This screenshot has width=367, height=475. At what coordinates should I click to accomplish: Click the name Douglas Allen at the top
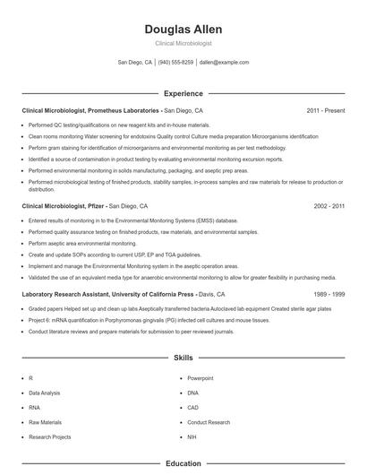click(x=183, y=29)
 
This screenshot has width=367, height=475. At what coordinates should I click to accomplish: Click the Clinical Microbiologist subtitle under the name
click(x=183, y=43)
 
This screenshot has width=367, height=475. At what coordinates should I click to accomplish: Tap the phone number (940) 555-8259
click(x=176, y=63)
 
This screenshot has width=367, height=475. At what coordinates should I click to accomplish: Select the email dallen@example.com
click(x=224, y=63)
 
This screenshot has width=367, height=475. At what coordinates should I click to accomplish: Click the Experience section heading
click(x=183, y=93)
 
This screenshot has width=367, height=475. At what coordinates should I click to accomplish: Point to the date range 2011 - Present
click(x=325, y=110)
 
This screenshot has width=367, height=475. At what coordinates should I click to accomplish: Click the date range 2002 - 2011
click(x=329, y=205)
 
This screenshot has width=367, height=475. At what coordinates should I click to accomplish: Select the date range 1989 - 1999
click(x=329, y=294)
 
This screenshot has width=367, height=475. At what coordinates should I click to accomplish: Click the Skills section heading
click(x=183, y=358)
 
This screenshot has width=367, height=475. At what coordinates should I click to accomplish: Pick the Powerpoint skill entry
click(x=201, y=379)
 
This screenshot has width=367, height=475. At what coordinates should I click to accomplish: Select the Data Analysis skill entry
click(x=45, y=393)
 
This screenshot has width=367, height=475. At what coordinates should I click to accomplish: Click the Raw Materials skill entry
click(x=45, y=422)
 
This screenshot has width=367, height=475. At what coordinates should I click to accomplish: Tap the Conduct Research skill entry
click(x=209, y=422)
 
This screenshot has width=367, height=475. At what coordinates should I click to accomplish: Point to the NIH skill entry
click(x=192, y=436)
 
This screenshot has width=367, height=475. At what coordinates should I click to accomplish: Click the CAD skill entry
click(x=193, y=408)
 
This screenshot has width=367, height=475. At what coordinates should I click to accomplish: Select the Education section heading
click(x=183, y=464)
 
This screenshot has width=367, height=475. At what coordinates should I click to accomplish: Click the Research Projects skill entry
click(x=49, y=436)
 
